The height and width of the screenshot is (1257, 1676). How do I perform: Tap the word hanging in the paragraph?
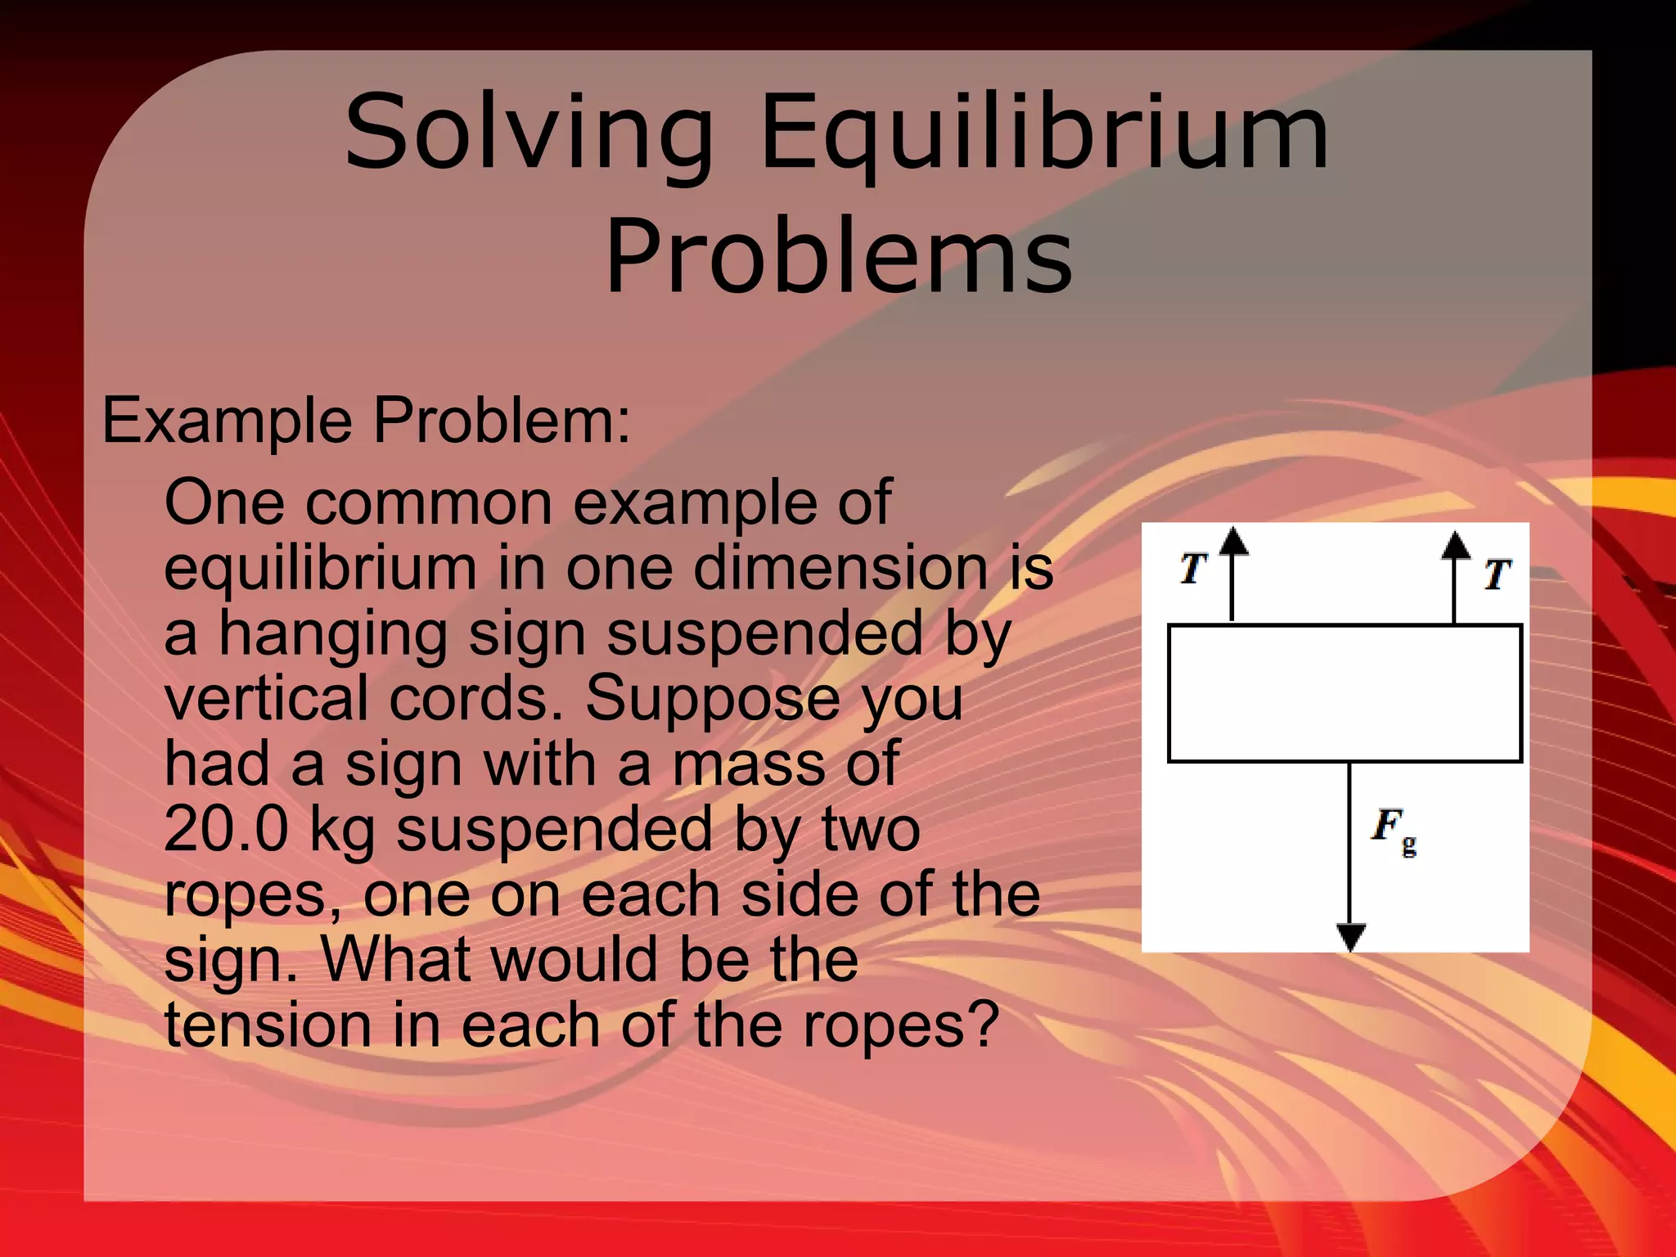332,635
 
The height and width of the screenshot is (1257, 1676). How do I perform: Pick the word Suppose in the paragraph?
711,700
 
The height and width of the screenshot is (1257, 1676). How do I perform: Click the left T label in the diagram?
1194,567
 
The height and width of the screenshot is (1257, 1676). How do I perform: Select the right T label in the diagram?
1497,574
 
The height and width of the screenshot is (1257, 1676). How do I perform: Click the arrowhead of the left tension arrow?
1233,542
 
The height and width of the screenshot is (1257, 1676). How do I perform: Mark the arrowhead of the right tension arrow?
1456,545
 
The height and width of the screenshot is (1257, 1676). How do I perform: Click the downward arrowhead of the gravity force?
1350,935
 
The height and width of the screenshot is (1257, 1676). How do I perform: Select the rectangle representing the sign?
1345,693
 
